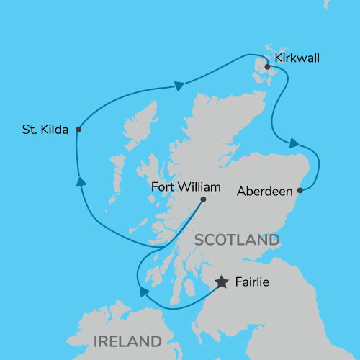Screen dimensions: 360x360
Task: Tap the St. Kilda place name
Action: tap(45, 130)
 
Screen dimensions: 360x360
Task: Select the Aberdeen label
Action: tap(264, 192)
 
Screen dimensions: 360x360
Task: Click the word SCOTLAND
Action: tap(237, 240)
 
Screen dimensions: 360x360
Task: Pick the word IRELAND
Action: tap(127, 341)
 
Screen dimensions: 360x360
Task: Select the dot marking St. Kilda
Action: tap(78, 130)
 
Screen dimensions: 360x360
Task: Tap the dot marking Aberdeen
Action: tap(300, 191)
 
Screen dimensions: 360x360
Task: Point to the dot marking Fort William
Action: tap(204, 199)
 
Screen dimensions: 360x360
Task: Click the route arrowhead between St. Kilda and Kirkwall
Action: tap(178, 86)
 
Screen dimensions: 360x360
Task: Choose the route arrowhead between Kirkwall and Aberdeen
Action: tap(294, 144)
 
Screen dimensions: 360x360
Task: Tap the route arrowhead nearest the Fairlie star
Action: tap(144, 291)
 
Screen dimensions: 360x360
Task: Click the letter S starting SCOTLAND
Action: tap(199, 240)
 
